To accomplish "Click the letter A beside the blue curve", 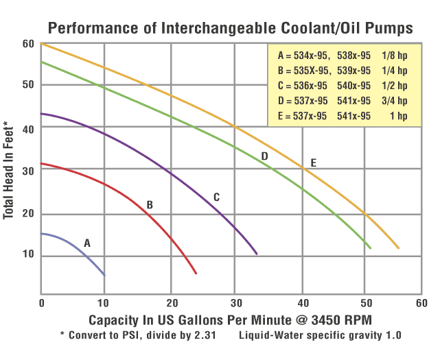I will pos(87,243).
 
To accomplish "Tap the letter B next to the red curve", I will pos(150,204).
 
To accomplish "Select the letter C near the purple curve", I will pos(216,197).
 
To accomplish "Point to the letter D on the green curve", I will pos(264,156).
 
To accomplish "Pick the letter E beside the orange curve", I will pos(314,163).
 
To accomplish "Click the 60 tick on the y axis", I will pos(28,44).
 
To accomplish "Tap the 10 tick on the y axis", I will pos(28,256).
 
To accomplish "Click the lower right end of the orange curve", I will pos(398,248).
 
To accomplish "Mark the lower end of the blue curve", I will pos(104,275).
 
